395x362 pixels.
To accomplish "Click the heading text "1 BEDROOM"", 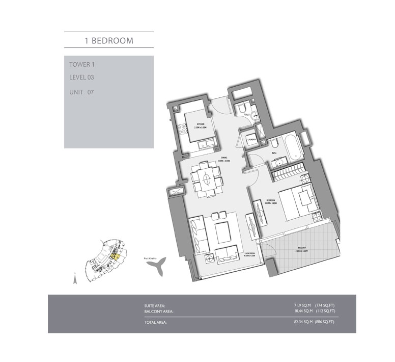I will point(108,40).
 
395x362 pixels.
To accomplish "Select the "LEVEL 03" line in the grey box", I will point(82,77).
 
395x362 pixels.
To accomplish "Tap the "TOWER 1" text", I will point(82,64).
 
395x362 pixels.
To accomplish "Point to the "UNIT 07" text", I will point(82,92).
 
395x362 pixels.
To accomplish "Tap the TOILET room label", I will point(246,115).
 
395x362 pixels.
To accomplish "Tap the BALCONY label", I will point(301,248).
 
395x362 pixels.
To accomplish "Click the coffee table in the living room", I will point(223,234).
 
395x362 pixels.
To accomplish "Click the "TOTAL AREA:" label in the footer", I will point(156,323).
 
